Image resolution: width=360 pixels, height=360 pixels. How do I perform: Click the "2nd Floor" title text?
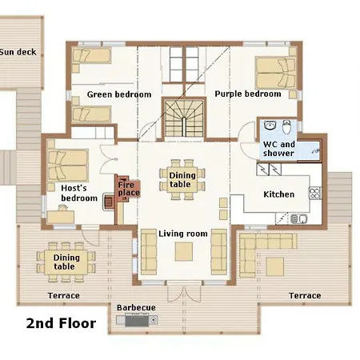coord(61,323)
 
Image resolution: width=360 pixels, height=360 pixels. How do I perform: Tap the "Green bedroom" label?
coord(119,94)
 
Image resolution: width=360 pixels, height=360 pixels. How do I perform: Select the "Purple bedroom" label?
coord(248,94)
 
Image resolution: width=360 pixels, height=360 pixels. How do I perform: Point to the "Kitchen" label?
coord(279,194)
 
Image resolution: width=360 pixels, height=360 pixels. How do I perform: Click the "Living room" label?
coord(183,234)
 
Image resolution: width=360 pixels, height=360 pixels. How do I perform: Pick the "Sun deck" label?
coord(18,52)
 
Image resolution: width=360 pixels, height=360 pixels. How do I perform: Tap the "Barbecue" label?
coord(136,307)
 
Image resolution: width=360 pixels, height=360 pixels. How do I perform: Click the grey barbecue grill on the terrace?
coord(137,320)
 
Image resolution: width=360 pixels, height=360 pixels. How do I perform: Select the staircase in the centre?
coord(184,118)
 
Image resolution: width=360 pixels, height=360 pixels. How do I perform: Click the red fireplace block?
coord(128,189)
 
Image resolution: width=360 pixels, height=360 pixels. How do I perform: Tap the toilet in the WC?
coord(286,127)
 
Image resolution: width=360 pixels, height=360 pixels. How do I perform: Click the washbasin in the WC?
coord(270,126)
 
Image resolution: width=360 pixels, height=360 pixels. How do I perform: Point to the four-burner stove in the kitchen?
coord(315,193)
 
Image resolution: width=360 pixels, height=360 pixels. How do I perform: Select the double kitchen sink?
coord(299,219)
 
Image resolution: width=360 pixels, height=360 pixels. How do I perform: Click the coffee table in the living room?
coord(184,251)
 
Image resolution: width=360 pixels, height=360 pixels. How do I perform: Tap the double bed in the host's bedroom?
coord(68,166)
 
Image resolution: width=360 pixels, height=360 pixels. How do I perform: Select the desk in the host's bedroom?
coord(61,217)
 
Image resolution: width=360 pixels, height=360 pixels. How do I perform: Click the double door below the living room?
coord(184,294)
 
